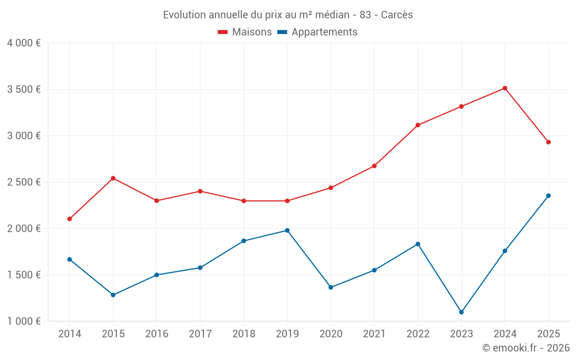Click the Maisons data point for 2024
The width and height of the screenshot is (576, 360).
click(x=505, y=88)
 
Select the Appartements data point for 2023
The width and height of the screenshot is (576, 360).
click(x=461, y=312)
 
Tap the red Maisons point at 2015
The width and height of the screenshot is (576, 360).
click(x=113, y=178)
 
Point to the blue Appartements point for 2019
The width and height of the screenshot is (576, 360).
click(x=287, y=230)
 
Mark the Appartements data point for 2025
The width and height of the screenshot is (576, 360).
click(x=548, y=196)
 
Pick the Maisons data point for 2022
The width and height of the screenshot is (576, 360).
click(x=418, y=125)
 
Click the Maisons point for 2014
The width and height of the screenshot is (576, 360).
click(x=70, y=219)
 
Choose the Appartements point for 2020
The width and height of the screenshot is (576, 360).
click(x=331, y=287)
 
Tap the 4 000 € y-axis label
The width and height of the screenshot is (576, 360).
click(x=24, y=43)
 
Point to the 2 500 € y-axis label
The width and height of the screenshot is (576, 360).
click(x=24, y=182)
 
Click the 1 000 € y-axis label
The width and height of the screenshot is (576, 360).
click(x=24, y=321)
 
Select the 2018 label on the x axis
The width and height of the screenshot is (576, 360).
click(x=244, y=334)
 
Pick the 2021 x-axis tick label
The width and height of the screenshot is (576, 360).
click(x=374, y=334)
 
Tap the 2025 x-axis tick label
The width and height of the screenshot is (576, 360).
click(x=548, y=334)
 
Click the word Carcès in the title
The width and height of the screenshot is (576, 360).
click(x=397, y=15)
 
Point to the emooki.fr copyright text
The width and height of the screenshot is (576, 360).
click(x=526, y=348)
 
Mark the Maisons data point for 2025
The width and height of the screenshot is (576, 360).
click(x=548, y=142)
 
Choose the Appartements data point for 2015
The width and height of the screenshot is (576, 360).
click(x=113, y=295)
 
